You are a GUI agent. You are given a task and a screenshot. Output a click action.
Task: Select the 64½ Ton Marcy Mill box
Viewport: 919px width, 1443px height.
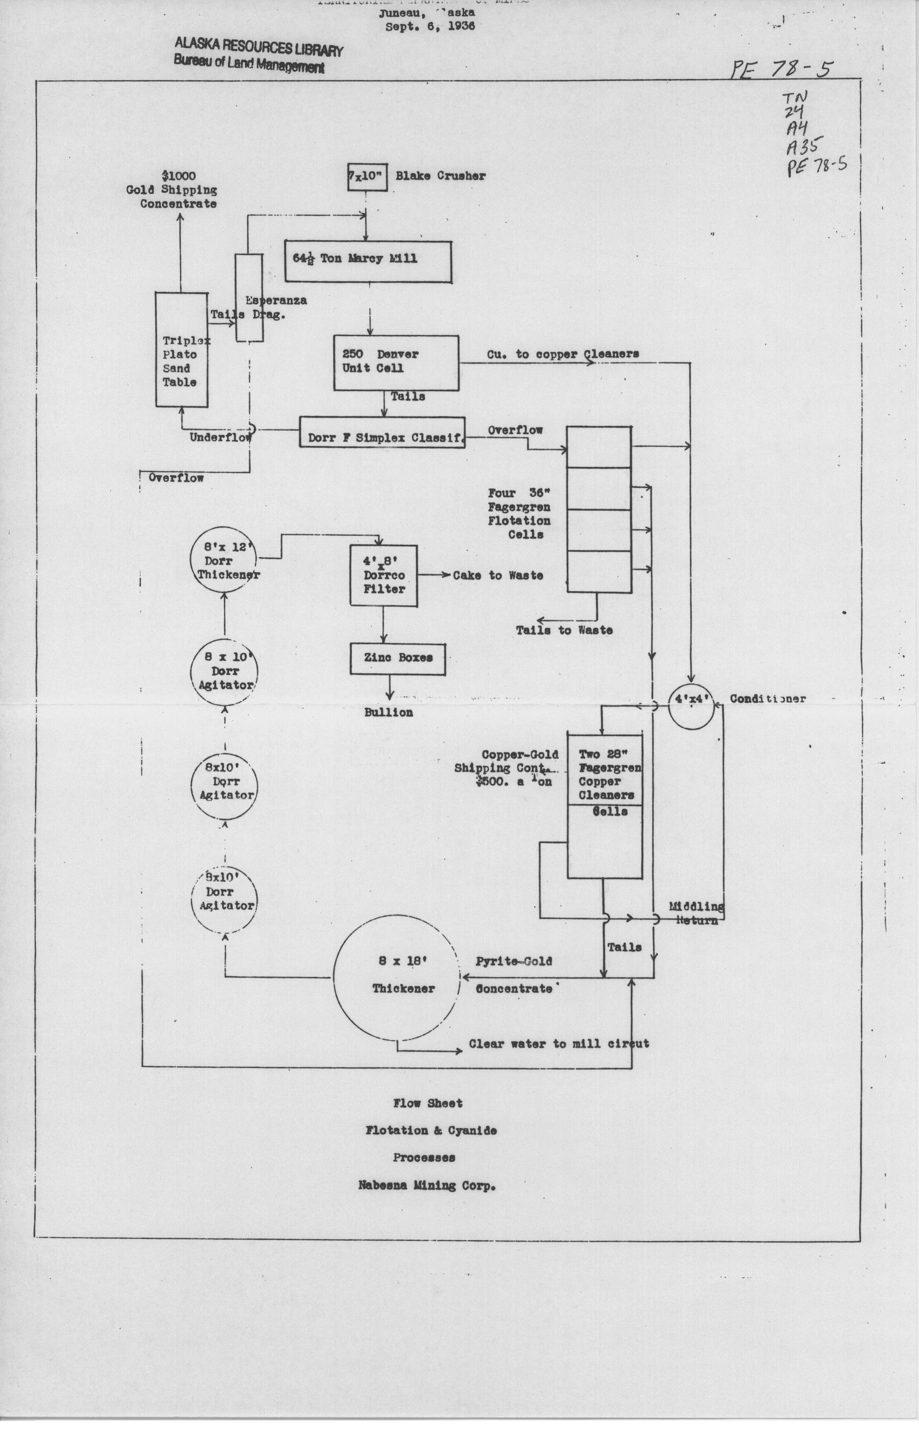point(368,261)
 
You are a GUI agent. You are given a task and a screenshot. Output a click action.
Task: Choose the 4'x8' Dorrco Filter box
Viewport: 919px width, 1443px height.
point(383,575)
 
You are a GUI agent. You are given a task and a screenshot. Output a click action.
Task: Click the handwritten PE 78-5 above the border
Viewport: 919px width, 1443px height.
point(780,69)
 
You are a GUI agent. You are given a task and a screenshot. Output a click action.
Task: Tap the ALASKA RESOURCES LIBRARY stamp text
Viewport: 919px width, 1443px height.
point(259,48)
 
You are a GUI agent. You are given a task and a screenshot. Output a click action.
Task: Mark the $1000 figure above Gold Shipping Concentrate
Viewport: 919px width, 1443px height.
point(178,176)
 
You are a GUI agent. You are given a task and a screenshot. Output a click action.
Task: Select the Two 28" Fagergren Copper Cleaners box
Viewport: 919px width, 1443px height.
point(605,806)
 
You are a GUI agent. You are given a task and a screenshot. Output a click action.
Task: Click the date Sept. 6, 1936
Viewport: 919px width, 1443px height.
point(430,26)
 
